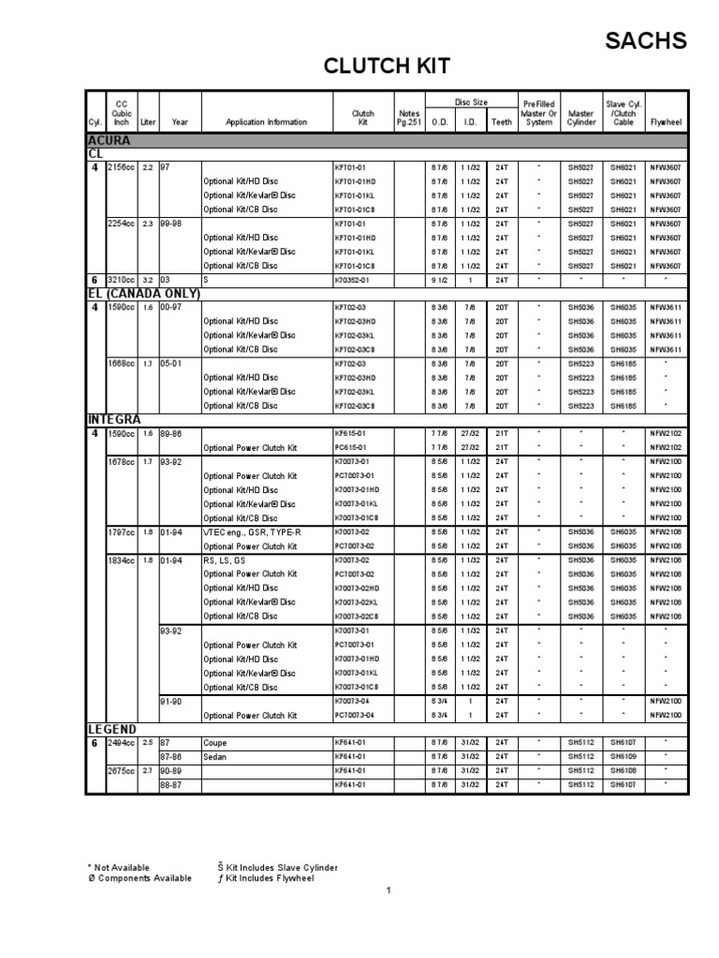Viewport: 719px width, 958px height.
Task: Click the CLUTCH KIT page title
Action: click(x=387, y=66)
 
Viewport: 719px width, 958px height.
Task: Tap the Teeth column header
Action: click(x=502, y=122)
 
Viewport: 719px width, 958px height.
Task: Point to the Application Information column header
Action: click(x=266, y=122)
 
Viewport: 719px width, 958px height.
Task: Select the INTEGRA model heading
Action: click(x=114, y=420)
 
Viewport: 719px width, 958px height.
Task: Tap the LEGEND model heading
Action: click(x=112, y=729)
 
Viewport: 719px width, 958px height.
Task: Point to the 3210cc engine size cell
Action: click(x=122, y=280)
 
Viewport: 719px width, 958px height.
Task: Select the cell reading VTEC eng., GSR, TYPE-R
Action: click(x=246, y=532)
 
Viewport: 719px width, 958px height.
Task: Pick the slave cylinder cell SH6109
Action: click(x=624, y=757)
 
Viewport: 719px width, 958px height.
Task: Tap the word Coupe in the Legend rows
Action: click(x=214, y=743)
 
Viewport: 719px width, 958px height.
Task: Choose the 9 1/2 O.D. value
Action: click(x=438, y=280)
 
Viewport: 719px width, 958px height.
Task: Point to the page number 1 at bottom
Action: click(x=388, y=890)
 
